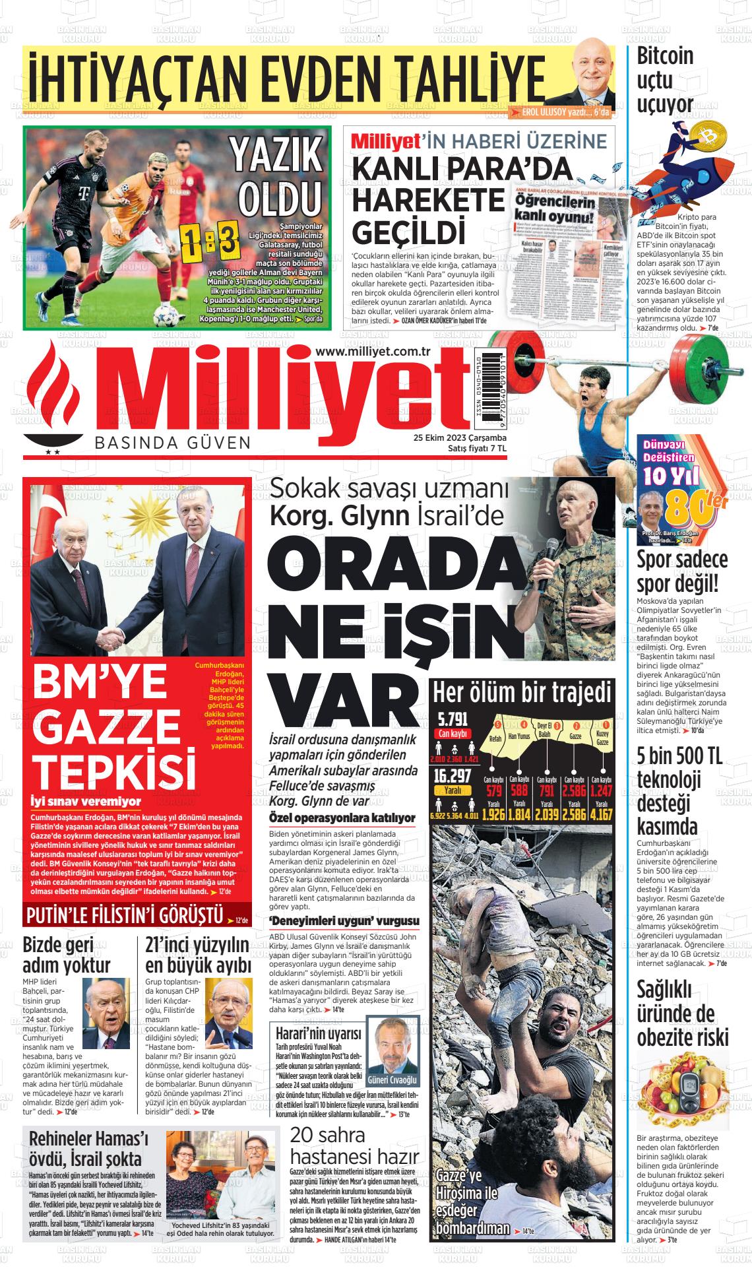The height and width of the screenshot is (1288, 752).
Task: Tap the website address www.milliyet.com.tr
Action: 373,352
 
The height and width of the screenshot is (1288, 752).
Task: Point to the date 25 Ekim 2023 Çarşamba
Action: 459,437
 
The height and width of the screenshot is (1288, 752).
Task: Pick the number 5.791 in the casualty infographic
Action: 451,719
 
